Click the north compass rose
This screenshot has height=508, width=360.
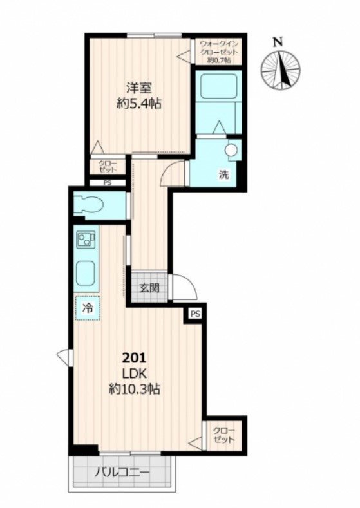pos(281,70)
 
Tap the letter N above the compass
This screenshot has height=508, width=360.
pos(278,42)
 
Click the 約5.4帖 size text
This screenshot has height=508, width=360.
pos(139,104)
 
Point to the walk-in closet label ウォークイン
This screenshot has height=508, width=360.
pos(219,44)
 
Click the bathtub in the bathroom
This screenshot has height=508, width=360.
pos(219,86)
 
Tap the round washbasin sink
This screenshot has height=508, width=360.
pos(232,150)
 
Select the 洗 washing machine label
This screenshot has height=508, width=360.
pos(224,175)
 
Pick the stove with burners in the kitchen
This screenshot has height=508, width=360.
pos(86,239)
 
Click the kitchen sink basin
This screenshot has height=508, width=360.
pos(86,272)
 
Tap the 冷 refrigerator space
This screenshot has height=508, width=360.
pos(88,308)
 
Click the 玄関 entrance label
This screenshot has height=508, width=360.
pos(149,287)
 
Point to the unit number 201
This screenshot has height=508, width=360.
pos(134,359)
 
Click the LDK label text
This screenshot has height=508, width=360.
pos(134,374)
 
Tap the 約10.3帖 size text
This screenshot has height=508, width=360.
pos(134,389)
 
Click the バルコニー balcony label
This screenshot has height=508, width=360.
pos(122,473)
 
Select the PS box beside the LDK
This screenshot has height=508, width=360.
pos(195,314)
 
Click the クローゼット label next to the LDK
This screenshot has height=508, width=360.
pos(223,435)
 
